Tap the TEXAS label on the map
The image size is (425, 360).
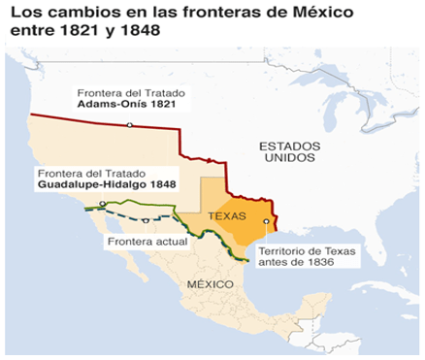pyautogui.click(x=228, y=218)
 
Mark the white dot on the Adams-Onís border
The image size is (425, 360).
pyautogui.click(x=128, y=124)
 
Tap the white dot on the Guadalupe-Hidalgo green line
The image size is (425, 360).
pyautogui.click(x=101, y=203)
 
